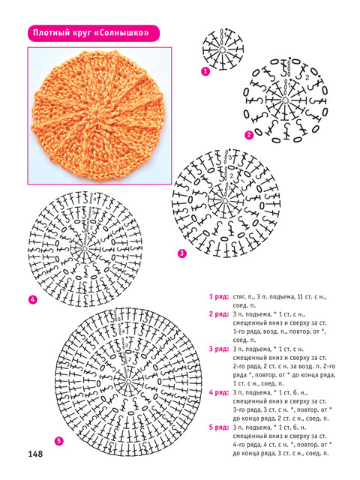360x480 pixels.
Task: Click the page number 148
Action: [35, 454]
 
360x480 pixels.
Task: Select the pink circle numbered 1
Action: [205, 71]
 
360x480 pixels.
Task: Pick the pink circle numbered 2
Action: [249, 135]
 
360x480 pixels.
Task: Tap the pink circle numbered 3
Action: [182, 253]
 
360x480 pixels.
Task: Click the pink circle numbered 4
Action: [32, 300]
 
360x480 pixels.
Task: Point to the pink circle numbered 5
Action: [58, 441]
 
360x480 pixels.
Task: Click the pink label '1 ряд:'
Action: [219, 296]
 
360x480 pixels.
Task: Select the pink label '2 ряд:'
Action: [219, 314]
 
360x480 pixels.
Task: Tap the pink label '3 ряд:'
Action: [219, 349]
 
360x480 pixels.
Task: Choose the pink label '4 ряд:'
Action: [219, 392]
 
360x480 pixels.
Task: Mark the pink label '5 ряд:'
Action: [219, 427]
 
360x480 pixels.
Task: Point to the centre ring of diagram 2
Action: [285, 100]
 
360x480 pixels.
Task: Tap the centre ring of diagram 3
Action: [226, 201]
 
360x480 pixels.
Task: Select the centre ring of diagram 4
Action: [85, 248]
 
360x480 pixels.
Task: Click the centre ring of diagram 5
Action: [128, 382]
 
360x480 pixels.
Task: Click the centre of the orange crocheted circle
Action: [99, 115]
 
